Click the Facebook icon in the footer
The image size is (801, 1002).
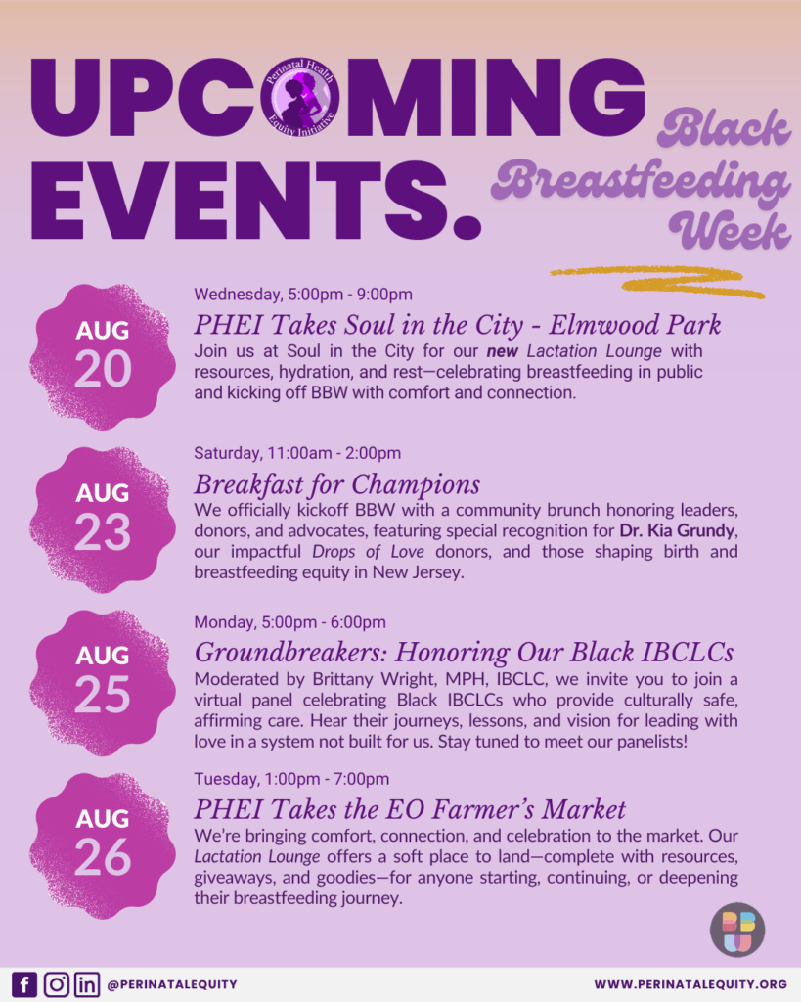tap(23, 984)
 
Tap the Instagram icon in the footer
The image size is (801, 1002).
tap(56, 984)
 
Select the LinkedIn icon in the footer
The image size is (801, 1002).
tap(87, 984)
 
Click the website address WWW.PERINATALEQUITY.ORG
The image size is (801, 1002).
tap(690, 984)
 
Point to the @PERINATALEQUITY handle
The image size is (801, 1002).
tap(172, 984)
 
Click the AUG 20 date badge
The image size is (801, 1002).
tap(102, 356)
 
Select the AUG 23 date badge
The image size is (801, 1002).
tap(102, 520)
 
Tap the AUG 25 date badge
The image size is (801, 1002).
tap(102, 682)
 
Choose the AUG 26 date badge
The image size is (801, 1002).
tap(102, 845)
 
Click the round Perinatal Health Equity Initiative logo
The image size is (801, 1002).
tap(299, 97)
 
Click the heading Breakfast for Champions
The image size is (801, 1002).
tap(336, 485)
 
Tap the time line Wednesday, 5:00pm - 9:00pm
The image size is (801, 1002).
tap(303, 295)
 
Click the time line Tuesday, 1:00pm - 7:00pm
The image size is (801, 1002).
tap(291, 779)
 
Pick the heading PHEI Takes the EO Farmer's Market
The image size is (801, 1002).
tap(410, 809)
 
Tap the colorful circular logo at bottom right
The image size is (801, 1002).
tap(737, 930)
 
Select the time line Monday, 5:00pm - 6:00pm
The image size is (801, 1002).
tap(290, 622)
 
